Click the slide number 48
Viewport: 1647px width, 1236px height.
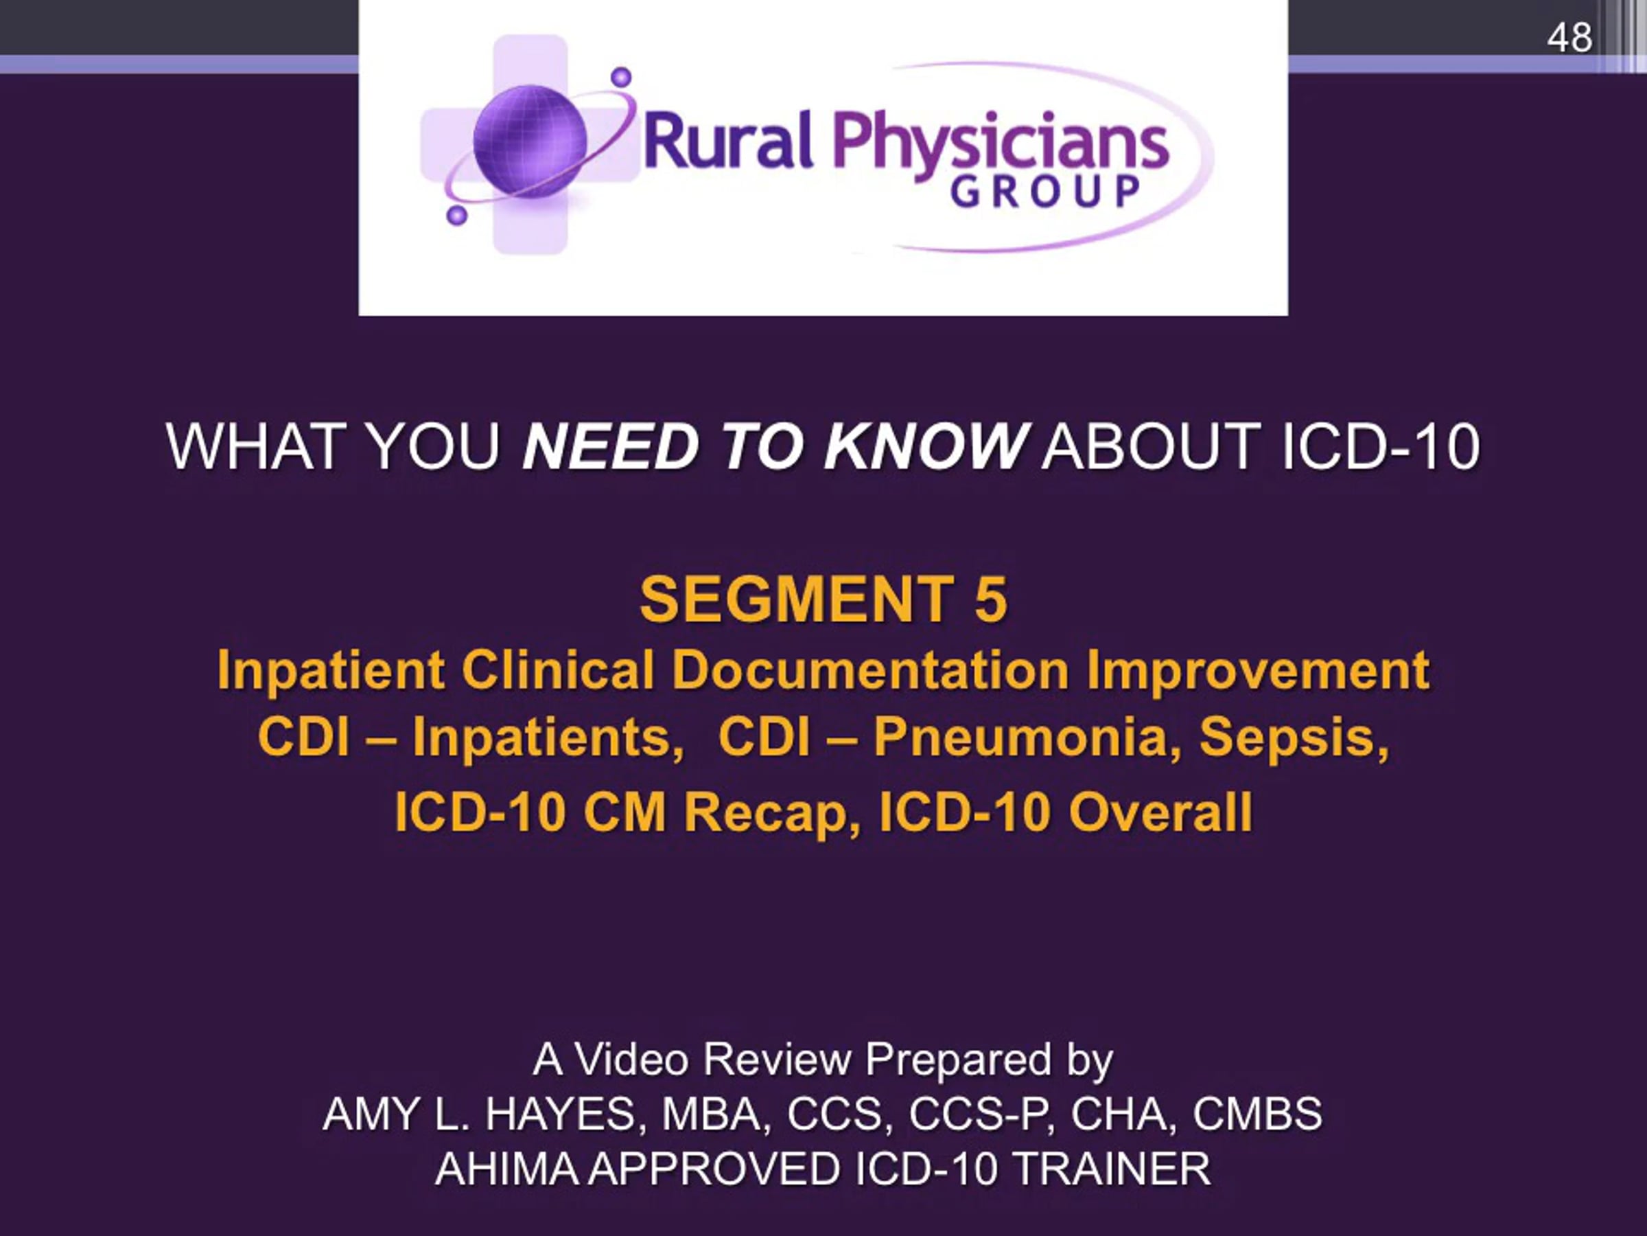pos(1569,37)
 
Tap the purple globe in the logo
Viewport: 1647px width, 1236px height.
pos(530,141)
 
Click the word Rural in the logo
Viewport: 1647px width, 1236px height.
pos(728,141)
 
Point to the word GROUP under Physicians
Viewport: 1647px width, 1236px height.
pos(1045,192)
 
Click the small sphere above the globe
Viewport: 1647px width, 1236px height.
pos(621,77)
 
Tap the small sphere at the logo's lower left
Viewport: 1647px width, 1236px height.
pos(456,216)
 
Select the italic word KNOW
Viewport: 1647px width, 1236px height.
pos(926,446)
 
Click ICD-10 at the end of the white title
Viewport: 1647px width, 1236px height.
pos(1381,446)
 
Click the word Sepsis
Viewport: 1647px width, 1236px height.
pos(1294,738)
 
